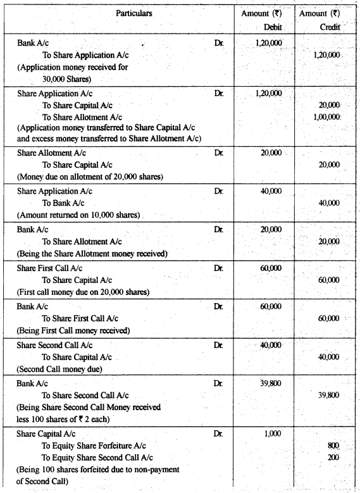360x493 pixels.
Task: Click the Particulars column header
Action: point(133,13)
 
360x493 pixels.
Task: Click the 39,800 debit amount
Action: point(271,383)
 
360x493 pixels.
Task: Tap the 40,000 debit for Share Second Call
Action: point(271,345)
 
